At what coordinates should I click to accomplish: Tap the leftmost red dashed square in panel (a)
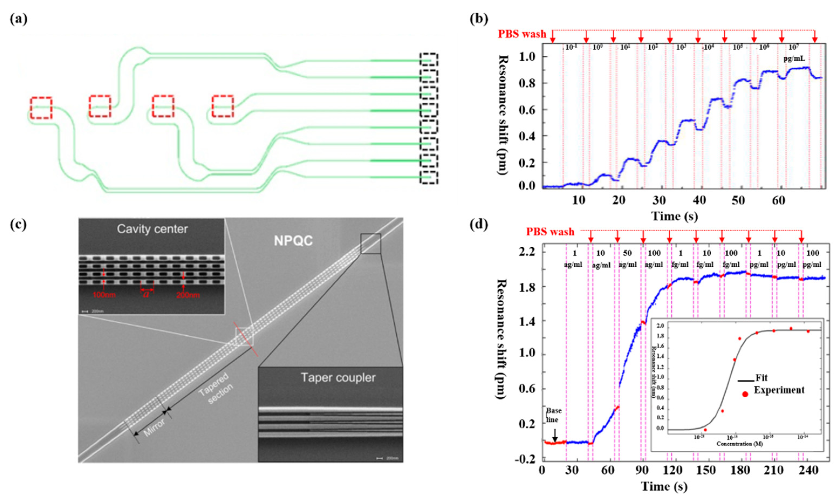(41, 108)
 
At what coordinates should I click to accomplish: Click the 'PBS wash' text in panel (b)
(522, 34)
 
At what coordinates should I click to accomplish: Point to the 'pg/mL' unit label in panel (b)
(794, 59)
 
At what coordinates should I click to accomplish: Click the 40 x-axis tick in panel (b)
(700, 200)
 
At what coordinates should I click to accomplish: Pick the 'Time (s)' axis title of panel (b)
(674, 216)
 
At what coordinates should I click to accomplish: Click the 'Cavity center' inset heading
(152, 229)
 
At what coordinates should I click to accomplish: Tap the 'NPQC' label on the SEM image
(293, 241)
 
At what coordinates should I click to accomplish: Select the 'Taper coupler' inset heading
(338, 377)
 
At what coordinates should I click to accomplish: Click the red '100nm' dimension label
(104, 295)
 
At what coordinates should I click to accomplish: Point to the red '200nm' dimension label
(188, 295)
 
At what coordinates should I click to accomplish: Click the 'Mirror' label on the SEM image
(155, 428)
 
